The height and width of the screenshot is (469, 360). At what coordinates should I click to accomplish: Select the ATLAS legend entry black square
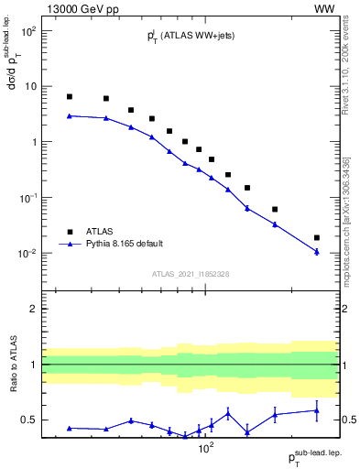(x=70, y=232)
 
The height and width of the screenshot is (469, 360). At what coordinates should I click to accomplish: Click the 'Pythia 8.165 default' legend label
(x=126, y=244)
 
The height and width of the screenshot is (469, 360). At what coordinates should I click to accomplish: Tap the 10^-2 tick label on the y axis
(x=27, y=254)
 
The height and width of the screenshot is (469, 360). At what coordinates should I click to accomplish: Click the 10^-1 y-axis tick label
(x=27, y=198)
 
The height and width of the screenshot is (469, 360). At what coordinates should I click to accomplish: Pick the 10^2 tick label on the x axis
(x=207, y=449)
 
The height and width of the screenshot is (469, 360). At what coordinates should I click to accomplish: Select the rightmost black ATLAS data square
(x=317, y=237)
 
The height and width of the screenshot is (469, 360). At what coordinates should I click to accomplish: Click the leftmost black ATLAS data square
(x=70, y=96)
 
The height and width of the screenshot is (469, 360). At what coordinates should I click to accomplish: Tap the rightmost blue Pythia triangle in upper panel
(x=317, y=252)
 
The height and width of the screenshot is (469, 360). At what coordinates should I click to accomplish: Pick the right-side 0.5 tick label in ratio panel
(x=349, y=420)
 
